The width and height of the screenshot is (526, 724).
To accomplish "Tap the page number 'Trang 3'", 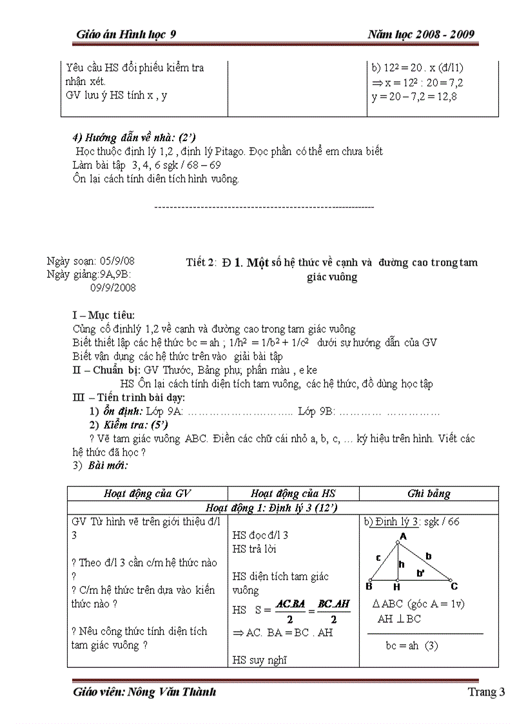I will point(486,692).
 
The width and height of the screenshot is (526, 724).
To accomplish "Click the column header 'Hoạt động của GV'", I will point(148,494).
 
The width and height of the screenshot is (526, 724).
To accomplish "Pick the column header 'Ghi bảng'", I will point(429,494).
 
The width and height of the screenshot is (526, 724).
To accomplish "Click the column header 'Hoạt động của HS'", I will point(293,494).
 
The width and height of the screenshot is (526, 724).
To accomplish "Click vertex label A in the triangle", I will point(403,536).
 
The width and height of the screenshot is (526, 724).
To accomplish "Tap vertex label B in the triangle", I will point(369,587).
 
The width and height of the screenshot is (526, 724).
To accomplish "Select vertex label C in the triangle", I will point(454,587).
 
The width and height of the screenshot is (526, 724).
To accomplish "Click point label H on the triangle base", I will point(396,587).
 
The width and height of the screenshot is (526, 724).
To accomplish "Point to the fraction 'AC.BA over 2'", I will point(289,610).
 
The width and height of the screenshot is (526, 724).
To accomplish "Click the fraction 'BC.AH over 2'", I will point(333,610).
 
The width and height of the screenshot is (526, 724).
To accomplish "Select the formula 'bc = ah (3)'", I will point(411,645).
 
